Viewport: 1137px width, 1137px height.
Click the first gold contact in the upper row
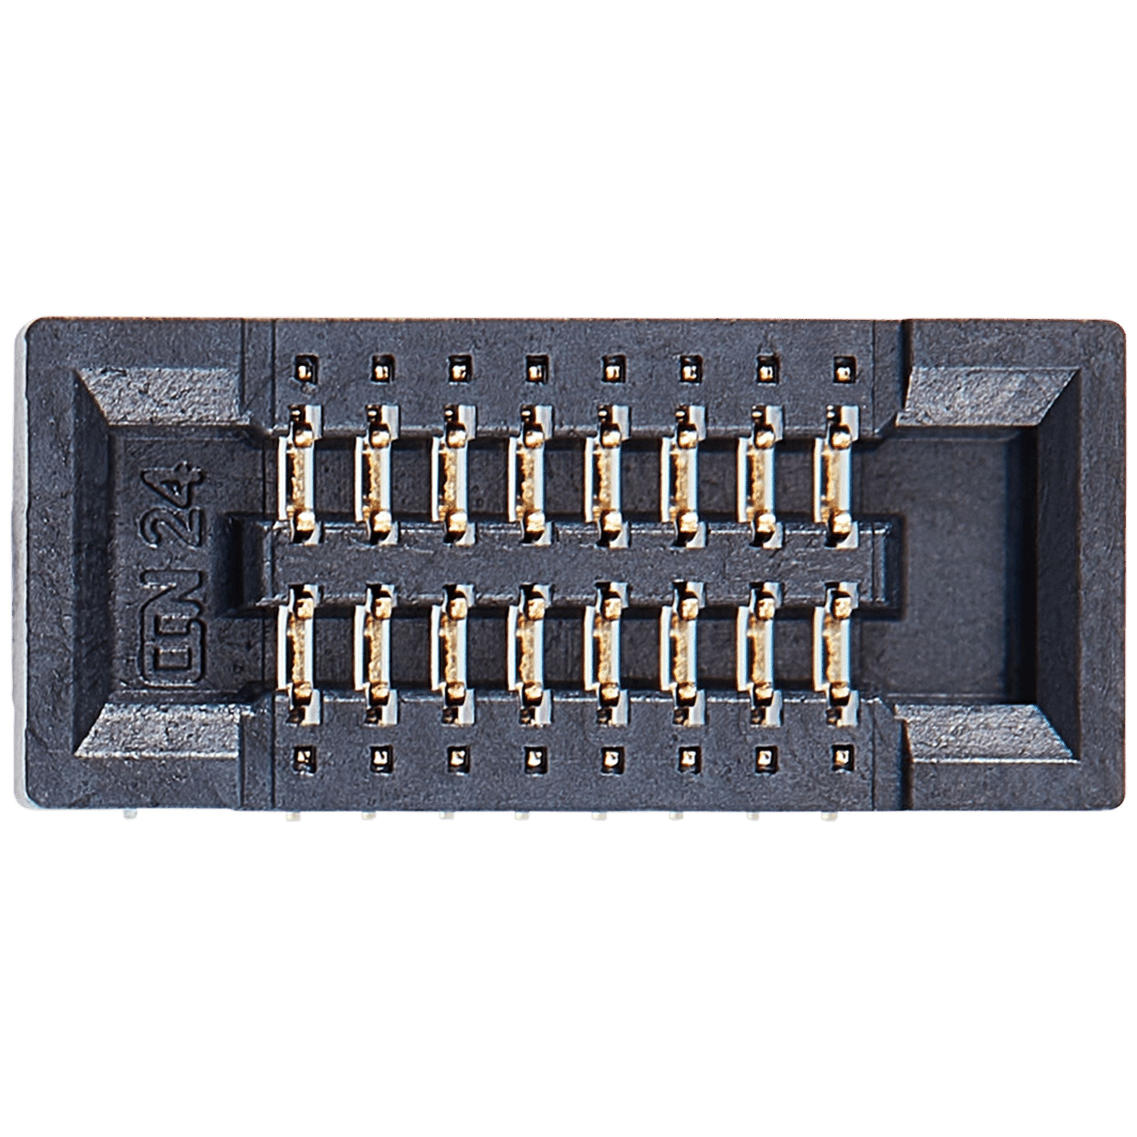click(x=301, y=474)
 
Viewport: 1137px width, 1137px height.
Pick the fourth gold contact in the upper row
click(x=530, y=474)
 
